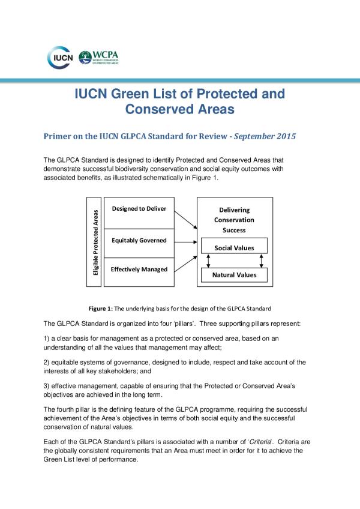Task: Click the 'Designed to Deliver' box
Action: point(139,209)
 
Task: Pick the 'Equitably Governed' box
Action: point(139,240)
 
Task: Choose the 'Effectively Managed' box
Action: point(139,270)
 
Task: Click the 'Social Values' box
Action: point(234,247)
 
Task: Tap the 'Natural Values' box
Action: point(234,275)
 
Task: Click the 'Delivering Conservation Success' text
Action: point(234,220)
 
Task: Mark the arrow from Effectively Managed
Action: point(185,262)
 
